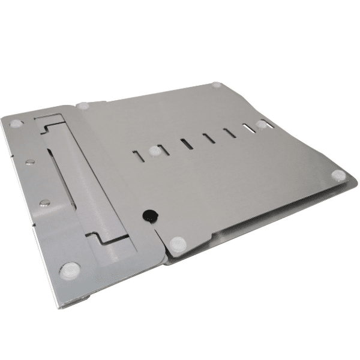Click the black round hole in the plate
(148, 214)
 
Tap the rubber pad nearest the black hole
(178, 244)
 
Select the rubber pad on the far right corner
(339, 175)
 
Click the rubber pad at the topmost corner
(217, 85)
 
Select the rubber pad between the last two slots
(262, 124)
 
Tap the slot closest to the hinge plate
(138, 156)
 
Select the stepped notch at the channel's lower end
(114, 239)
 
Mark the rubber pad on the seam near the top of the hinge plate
(83, 106)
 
